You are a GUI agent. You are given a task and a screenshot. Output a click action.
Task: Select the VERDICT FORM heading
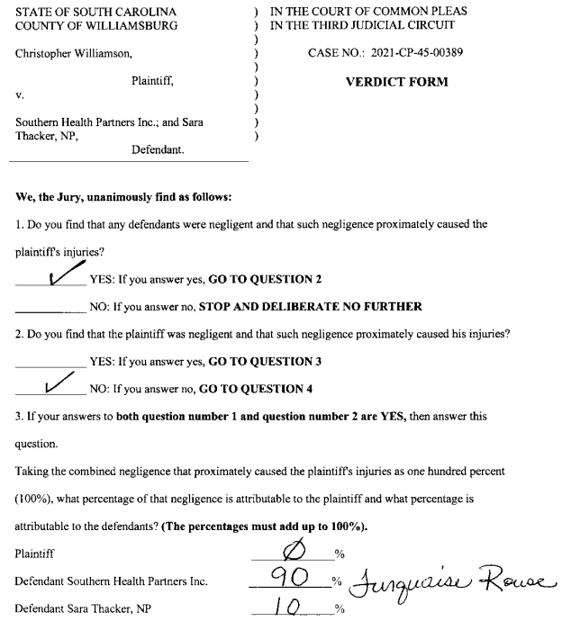point(396,82)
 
